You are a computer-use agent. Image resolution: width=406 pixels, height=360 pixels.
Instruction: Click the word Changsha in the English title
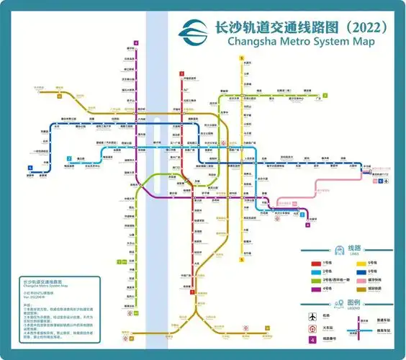pos(253,41)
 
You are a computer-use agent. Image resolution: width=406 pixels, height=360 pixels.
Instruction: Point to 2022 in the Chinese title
pos(363,27)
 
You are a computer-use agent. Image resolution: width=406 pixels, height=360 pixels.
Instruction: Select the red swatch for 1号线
pos(315,264)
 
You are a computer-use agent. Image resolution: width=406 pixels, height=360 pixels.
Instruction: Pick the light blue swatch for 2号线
pos(315,271)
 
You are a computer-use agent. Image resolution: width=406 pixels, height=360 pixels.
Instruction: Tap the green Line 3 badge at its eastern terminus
pos(325,95)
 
